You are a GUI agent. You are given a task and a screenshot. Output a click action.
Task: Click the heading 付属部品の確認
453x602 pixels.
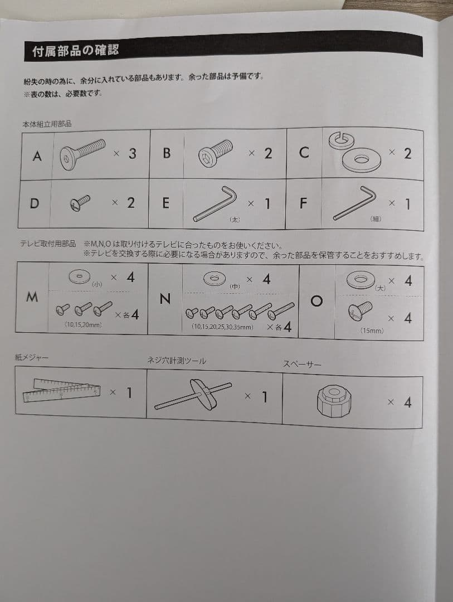tap(76, 51)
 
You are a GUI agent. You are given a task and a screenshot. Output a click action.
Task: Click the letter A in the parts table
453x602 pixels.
tap(37, 156)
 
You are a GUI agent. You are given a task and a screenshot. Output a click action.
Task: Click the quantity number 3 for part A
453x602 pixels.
tap(132, 154)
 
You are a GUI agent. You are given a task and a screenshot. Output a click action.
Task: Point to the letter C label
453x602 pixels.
tap(304, 153)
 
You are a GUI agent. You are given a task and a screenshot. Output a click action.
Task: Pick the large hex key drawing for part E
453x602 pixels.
tap(215, 204)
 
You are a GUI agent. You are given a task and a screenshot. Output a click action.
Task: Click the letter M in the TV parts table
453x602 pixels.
tap(32, 297)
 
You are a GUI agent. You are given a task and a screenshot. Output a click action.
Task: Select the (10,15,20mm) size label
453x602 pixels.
tap(83, 324)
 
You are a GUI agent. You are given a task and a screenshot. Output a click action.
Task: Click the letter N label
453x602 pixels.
tap(164, 299)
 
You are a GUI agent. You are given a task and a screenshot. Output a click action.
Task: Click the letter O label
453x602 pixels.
tap(316, 301)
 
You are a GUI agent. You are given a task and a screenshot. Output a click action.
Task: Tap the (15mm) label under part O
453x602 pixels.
tap(372, 331)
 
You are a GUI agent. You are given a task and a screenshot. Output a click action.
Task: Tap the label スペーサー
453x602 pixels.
tap(303, 365)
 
